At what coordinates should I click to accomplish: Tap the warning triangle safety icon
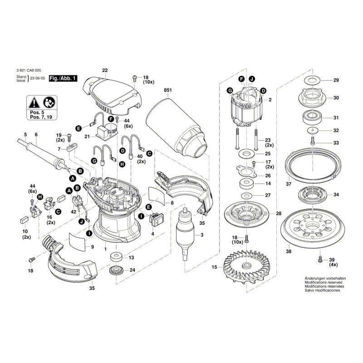click(x=34, y=102)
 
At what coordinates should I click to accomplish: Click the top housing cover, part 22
click(x=111, y=94)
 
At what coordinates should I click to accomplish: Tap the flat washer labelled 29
click(x=312, y=81)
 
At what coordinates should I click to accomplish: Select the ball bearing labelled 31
click(x=312, y=118)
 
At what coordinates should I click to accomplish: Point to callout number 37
click(x=289, y=184)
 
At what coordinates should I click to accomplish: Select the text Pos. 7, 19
click(x=40, y=117)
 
